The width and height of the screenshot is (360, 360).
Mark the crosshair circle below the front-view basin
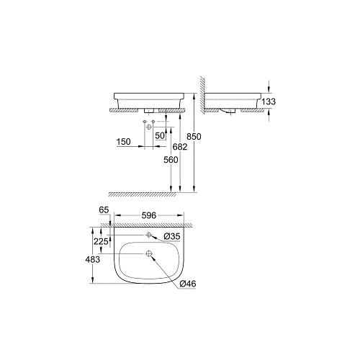pos(150,127)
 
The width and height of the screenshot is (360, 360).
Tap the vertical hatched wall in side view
pos(203,94)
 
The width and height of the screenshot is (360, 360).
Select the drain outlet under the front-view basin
pos(149,109)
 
